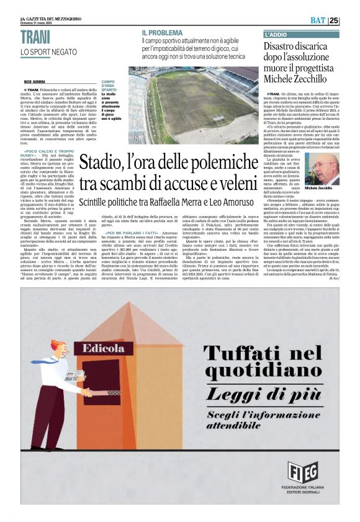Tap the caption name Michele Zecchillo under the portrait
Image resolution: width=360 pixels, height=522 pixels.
pyautogui.click(x=319, y=187)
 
